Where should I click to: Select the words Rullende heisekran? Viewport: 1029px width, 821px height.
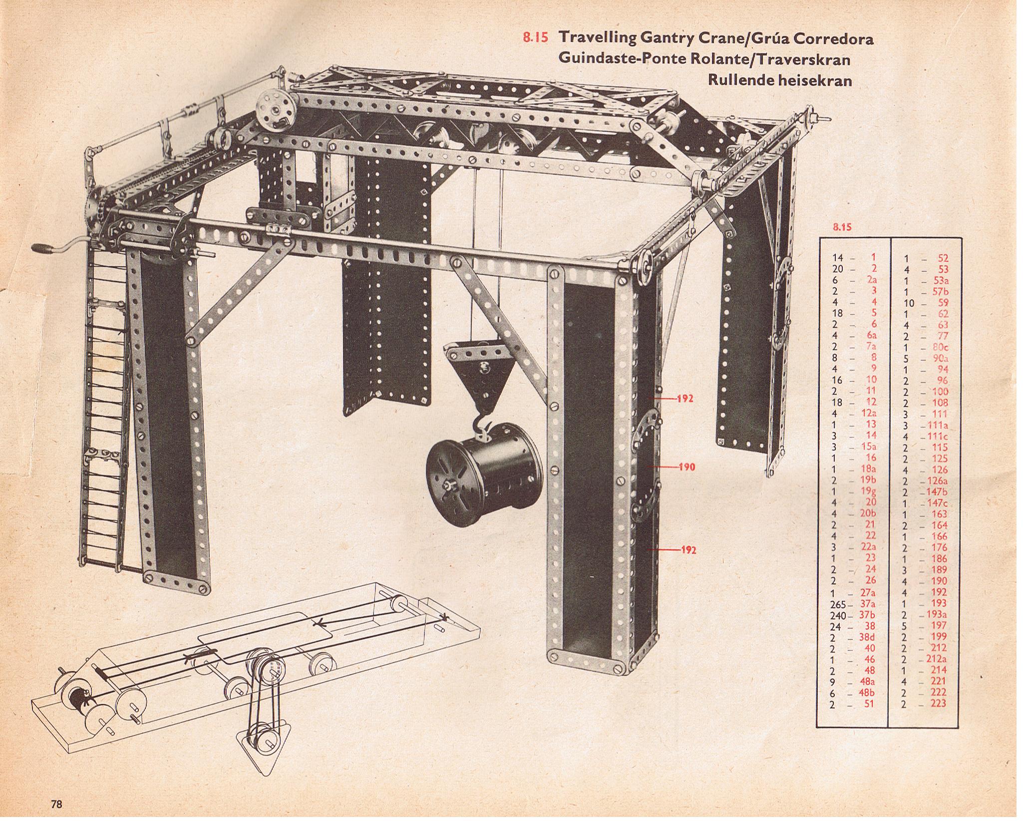pos(780,80)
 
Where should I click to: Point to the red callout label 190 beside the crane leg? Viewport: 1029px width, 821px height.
pos(687,467)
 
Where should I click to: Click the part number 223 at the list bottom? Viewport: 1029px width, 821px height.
pos(938,704)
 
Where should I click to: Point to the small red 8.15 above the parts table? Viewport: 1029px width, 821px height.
pos(843,227)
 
